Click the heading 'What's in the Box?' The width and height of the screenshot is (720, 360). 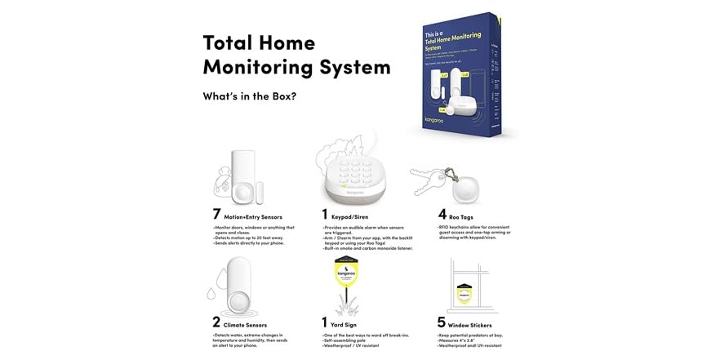click(249, 96)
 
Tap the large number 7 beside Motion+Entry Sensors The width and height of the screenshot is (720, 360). click(216, 216)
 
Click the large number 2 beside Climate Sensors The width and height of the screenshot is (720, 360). click(216, 323)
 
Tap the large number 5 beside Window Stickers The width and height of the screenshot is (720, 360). click(442, 323)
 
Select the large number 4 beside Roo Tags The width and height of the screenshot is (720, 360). click(442, 216)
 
